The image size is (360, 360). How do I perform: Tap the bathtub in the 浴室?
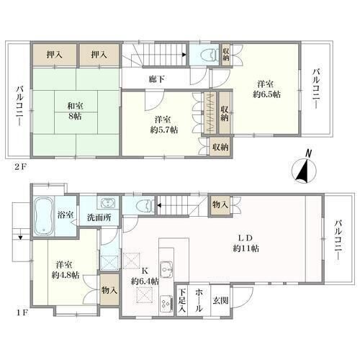click(43, 216)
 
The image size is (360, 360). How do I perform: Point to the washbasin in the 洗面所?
click(107, 203)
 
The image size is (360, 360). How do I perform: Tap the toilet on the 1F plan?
click(145, 206)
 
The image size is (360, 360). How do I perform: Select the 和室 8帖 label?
click(74, 111)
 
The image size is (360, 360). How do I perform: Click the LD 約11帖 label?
click(246, 243)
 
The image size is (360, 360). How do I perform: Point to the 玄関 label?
click(220, 301)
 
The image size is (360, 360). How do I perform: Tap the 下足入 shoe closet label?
click(182, 300)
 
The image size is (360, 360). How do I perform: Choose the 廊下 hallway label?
click(157, 79)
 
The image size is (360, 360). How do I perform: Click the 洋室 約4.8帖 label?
click(66, 270)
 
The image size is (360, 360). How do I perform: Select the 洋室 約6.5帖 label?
click(266, 89)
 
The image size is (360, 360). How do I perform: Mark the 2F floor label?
click(20, 167)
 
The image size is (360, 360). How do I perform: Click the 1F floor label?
click(23, 313)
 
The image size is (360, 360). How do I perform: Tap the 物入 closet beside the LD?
click(220, 204)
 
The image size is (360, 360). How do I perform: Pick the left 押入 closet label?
click(55, 55)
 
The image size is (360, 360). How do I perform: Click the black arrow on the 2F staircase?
click(184, 55)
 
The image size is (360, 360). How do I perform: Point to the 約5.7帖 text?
click(164, 130)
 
